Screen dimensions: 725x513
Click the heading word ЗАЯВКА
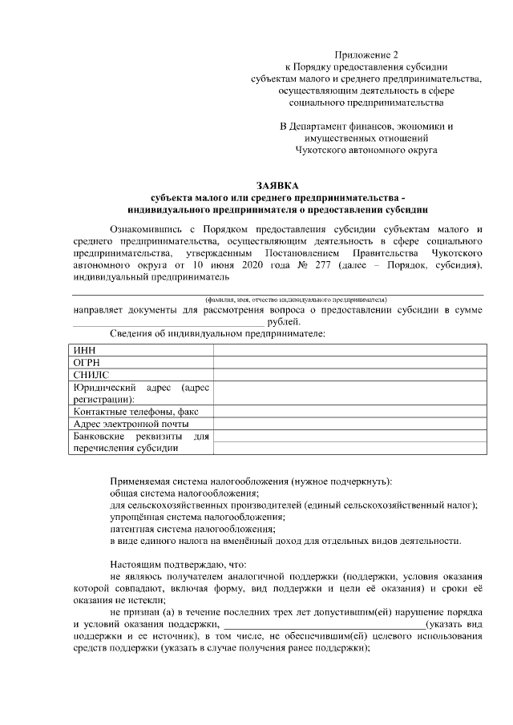[277, 186]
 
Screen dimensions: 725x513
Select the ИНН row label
[83, 350]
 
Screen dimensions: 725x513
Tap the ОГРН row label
[87, 362]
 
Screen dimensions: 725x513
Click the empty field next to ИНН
[349, 350]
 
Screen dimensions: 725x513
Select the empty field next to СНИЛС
[349, 374]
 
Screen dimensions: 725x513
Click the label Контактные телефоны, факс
[134, 412]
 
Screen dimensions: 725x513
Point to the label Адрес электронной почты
[131, 424]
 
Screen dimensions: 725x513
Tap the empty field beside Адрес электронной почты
[349, 424]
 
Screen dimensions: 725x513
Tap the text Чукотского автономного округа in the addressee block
[366, 149]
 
